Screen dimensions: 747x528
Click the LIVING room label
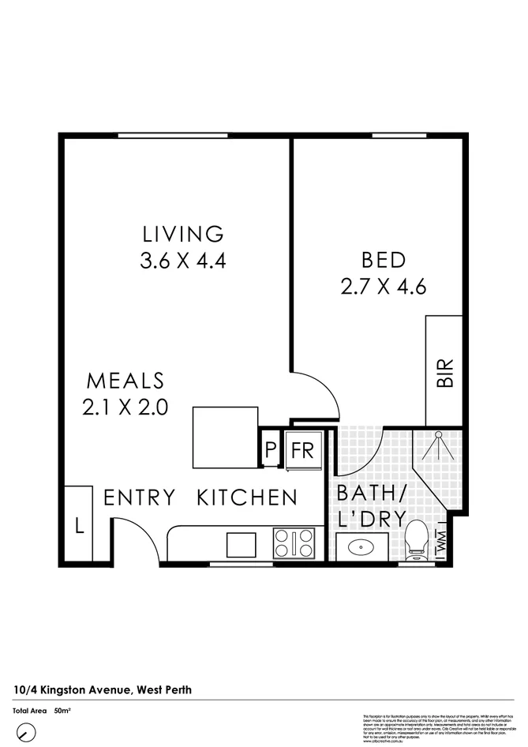pyautogui.click(x=183, y=234)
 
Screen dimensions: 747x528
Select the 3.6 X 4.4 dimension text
pyautogui.click(x=183, y=261)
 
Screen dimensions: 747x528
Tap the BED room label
pyautogui.click(x=384, y=259)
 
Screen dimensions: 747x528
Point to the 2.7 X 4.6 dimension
pyautogui.click(x=384, y=286)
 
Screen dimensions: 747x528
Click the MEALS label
pyautogui.click(x=125, y=381)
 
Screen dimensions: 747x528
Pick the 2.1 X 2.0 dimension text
pyautogui.click(x=125, y=407)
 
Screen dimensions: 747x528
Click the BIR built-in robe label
pyautogui.click(x=444, y=373)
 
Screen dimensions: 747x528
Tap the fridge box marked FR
pyautogui.click(x=303, y=451)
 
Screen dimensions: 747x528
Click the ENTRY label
pyautogui.click(x=139, y=497)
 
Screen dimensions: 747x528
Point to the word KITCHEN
pyautogui.click(x=247, y=497)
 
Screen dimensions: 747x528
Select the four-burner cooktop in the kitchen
pyautogui.click(x=294, y=544)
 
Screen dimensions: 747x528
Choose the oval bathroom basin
pyautogui.click(x=362, y=546)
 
